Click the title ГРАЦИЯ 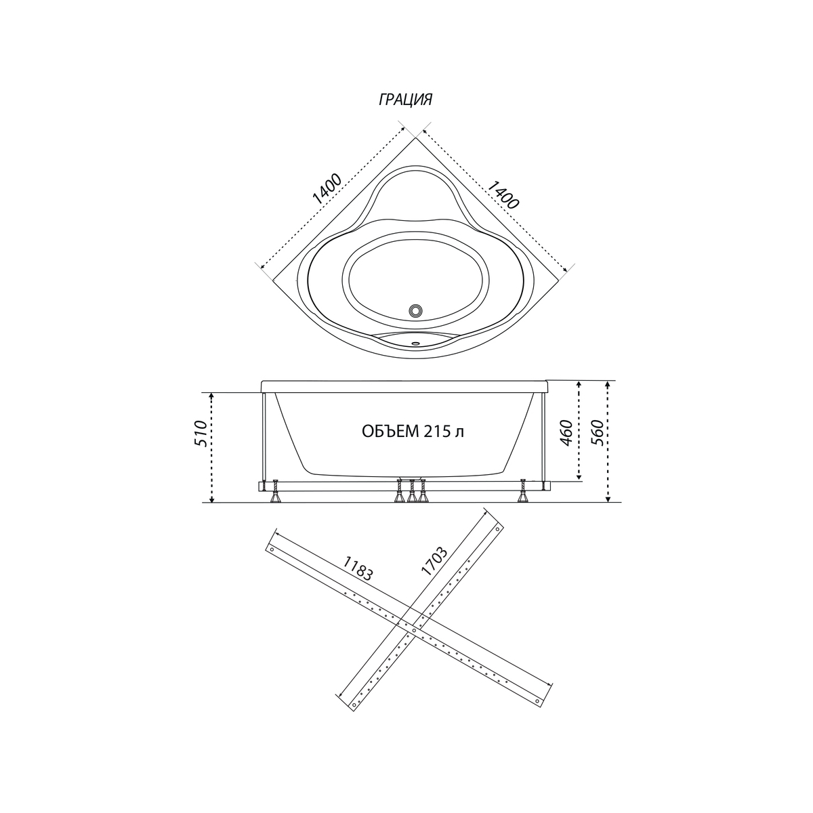[x=405, y=100]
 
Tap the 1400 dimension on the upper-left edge [x=327, y=188]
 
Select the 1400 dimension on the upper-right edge [x=503, y=194]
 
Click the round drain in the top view [x=415, y=310]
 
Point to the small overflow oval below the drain [x=415, y=343]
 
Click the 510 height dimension [x=201, y=434]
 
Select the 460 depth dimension [x=567, y=433]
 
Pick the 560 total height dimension [x=597, y=433]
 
